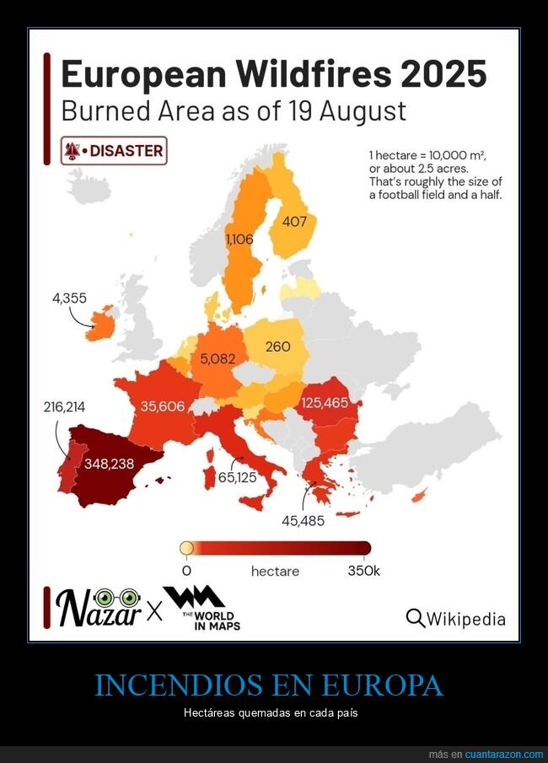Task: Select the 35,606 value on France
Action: (163, 406)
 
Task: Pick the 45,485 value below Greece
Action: (303, 520)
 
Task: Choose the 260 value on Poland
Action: (277, 347)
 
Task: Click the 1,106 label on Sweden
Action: (239, 239)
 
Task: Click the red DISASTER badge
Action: (114, 151)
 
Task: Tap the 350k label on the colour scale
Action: (364, 571)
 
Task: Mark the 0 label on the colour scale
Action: (186, 571)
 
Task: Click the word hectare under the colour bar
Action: (275, 571)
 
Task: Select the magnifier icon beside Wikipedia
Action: (416, 618)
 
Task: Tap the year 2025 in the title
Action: (443, 74)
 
